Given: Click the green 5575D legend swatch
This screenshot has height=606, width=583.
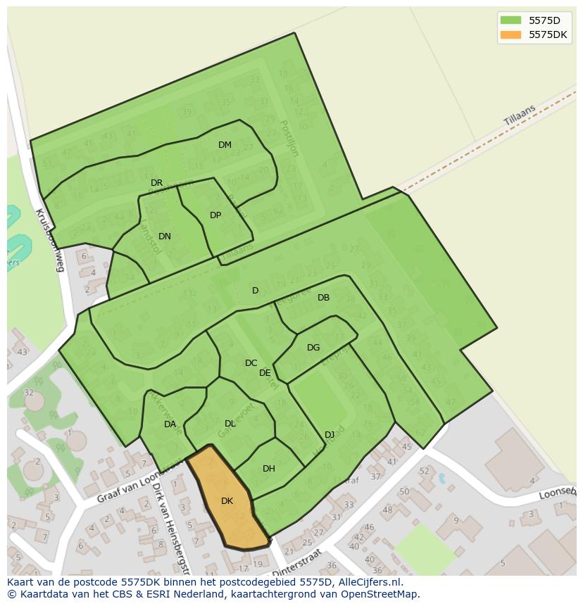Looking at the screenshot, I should [510, 20].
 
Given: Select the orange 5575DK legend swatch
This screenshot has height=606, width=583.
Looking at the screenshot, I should [510, 34].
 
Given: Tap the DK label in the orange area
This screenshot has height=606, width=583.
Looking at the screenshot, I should [227, 501].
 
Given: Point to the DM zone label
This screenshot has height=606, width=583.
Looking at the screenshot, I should [225, 145].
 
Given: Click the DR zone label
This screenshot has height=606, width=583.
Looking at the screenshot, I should [156, 183].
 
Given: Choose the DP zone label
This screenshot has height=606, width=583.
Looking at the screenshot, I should [215, 215].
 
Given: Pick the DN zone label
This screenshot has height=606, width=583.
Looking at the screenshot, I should [164, 236].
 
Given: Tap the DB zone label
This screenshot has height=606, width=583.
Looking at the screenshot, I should [323, 298].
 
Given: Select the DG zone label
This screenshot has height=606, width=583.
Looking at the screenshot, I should [313, 348].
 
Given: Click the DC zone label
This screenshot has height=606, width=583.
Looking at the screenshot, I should [251, 363].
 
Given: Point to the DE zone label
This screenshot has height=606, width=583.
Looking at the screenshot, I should [265, 373].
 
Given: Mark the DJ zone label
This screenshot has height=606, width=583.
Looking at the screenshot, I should [330, 434].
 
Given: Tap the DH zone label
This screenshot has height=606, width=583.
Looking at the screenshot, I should [268, 469].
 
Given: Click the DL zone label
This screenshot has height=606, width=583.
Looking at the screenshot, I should [230, 424].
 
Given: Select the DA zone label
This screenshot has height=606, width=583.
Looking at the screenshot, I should [170, 424].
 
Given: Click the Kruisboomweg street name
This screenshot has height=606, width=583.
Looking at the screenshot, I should [50, 240].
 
